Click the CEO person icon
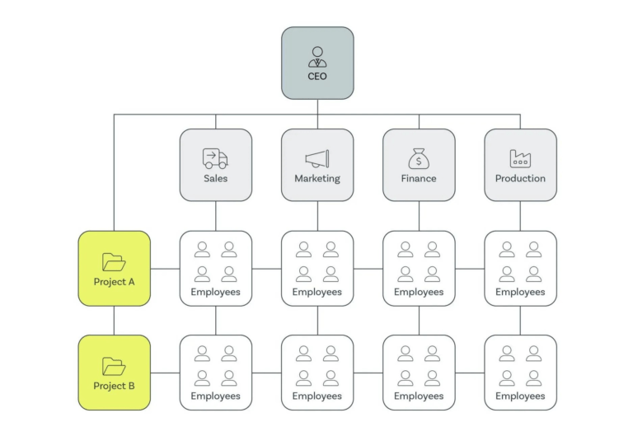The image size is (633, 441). [317, 57]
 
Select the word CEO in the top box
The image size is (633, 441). [317, 77]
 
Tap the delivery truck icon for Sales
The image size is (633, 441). [215, 158]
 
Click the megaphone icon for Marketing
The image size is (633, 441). [317, 158]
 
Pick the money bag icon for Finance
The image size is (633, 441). [419, 158]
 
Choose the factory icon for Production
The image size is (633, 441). [520, 158]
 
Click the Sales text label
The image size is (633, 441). [215, 178]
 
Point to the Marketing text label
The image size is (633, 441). [317, 178]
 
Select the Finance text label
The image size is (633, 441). [419, 178]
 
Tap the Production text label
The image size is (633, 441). [520, 178]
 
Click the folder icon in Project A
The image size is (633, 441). [114, 262]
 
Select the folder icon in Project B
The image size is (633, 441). [114, 366]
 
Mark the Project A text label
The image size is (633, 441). [114, 282]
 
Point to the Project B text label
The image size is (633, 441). [114, 386]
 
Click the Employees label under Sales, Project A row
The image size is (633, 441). [215, 292]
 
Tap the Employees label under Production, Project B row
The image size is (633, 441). [520, 396]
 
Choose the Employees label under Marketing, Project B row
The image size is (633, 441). [317, 396]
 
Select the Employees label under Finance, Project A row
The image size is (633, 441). [419, 292]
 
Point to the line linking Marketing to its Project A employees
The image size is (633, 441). [317, 216]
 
